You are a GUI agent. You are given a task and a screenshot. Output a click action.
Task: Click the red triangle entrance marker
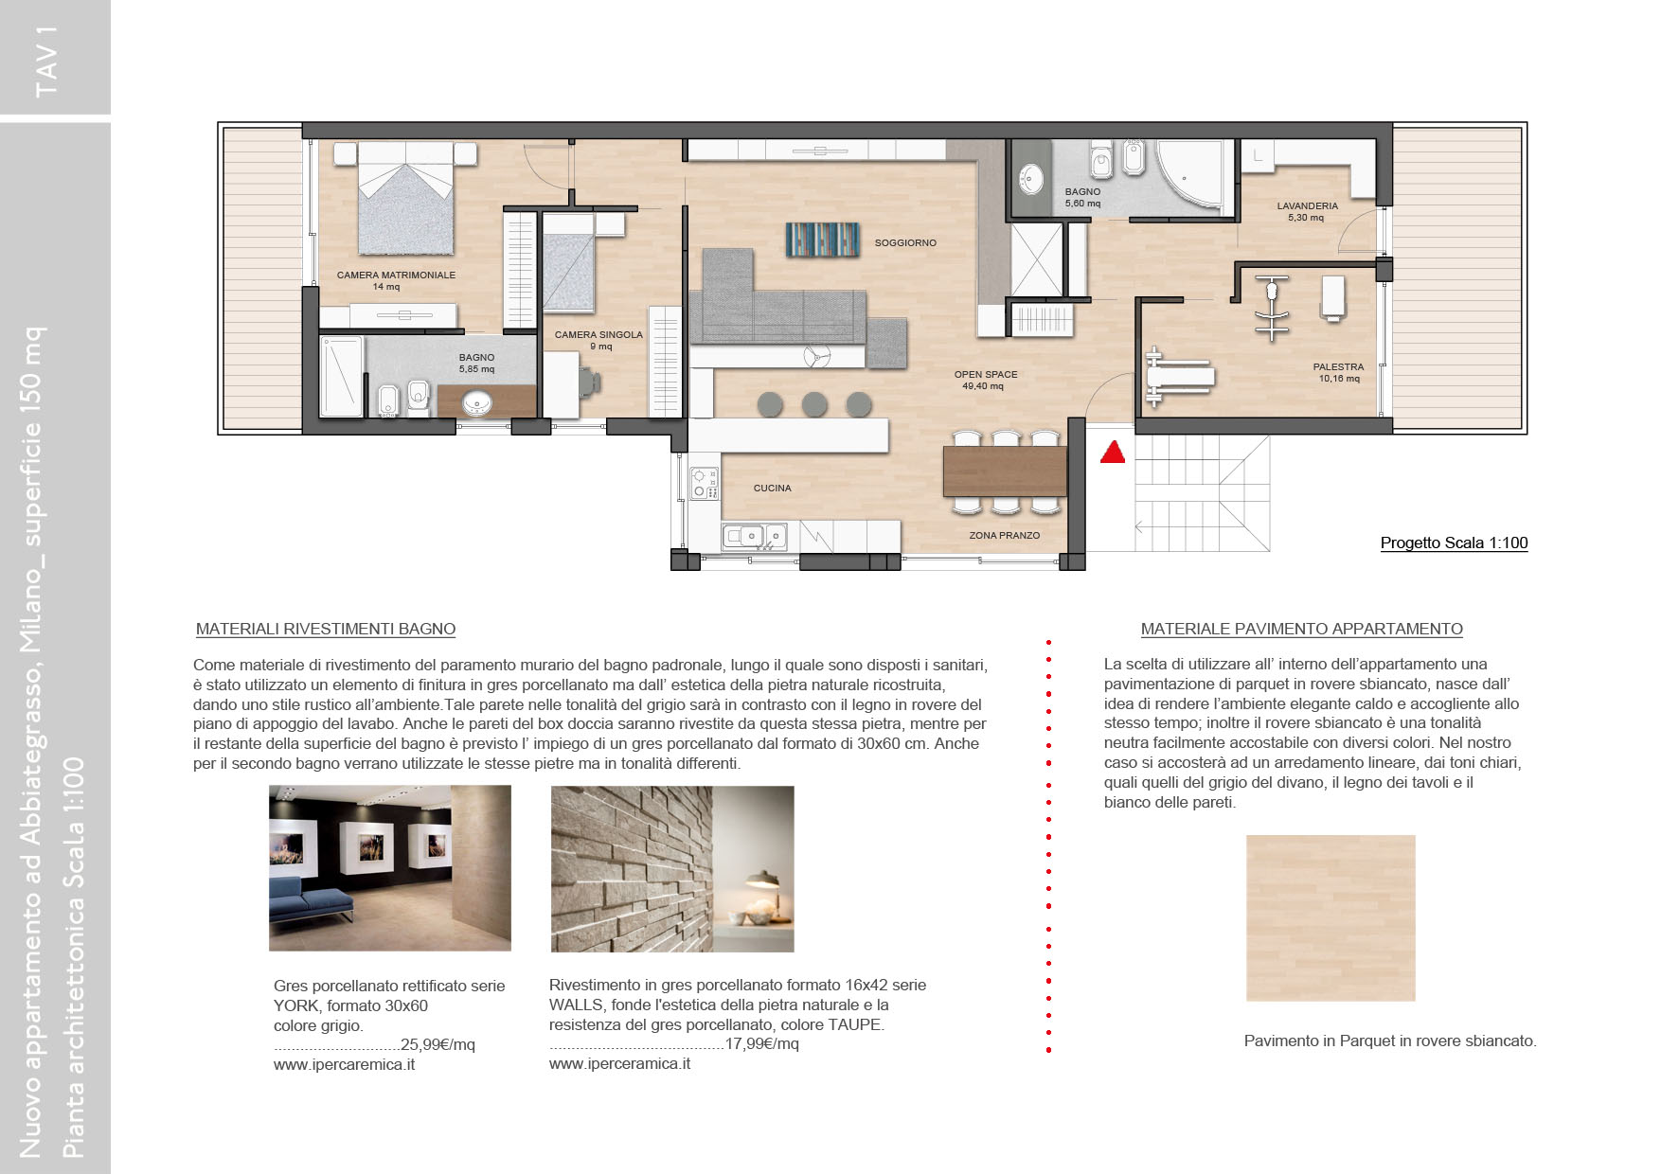pos(1113,453)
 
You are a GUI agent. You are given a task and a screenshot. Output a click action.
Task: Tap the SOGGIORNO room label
pos(905,243)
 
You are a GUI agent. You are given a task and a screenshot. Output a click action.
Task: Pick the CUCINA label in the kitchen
pos(772,489)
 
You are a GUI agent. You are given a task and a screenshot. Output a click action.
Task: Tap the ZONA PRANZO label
pos(1004,536)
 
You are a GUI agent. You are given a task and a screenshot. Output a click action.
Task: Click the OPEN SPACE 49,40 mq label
pos(986,381)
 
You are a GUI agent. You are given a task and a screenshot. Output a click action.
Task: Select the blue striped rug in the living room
pos(823,240)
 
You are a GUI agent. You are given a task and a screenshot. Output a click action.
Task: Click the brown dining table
pos(1005,471)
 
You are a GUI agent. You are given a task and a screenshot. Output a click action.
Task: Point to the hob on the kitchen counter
pos(704,484)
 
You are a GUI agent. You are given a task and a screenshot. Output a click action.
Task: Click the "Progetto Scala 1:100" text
pos(1454,543)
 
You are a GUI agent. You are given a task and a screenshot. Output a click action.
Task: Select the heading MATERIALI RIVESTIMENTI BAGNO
pos(326,630)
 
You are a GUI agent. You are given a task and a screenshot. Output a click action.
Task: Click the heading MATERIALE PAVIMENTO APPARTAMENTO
pos(1301,630)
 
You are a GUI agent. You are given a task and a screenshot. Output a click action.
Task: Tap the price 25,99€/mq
pos(438,1045)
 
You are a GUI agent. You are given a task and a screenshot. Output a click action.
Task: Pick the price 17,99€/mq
pos(761,1044)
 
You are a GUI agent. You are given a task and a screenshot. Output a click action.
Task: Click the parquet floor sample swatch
pos(1331,918)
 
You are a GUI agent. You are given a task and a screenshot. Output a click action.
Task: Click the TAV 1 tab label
pos(46,61)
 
